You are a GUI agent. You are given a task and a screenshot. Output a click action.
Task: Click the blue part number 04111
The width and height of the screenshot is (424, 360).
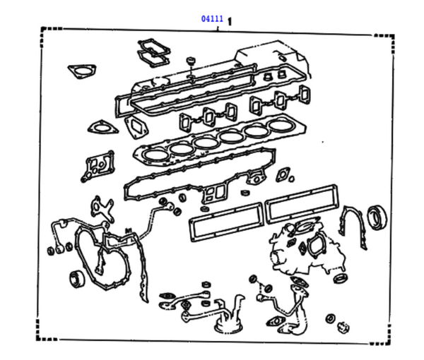tap(210, 18)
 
